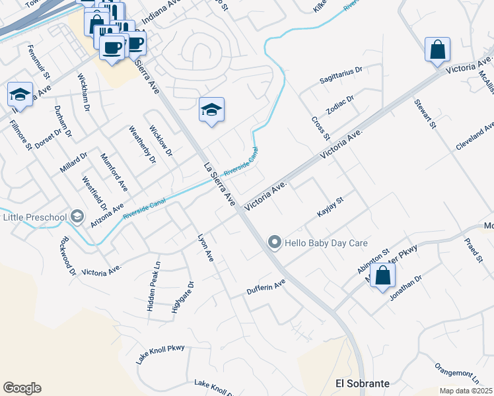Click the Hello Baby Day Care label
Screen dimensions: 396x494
point(326,243)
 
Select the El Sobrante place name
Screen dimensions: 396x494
point(363,383)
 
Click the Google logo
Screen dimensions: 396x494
point(22,388)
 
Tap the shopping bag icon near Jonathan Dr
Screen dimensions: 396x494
point(382,277)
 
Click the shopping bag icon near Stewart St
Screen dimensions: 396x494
point(438,50)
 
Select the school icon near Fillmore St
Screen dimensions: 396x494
point(20,95)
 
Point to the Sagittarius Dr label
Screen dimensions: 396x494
point(341,74)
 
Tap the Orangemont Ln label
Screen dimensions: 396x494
point(457,372)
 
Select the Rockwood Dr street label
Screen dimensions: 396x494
point(68,255)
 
